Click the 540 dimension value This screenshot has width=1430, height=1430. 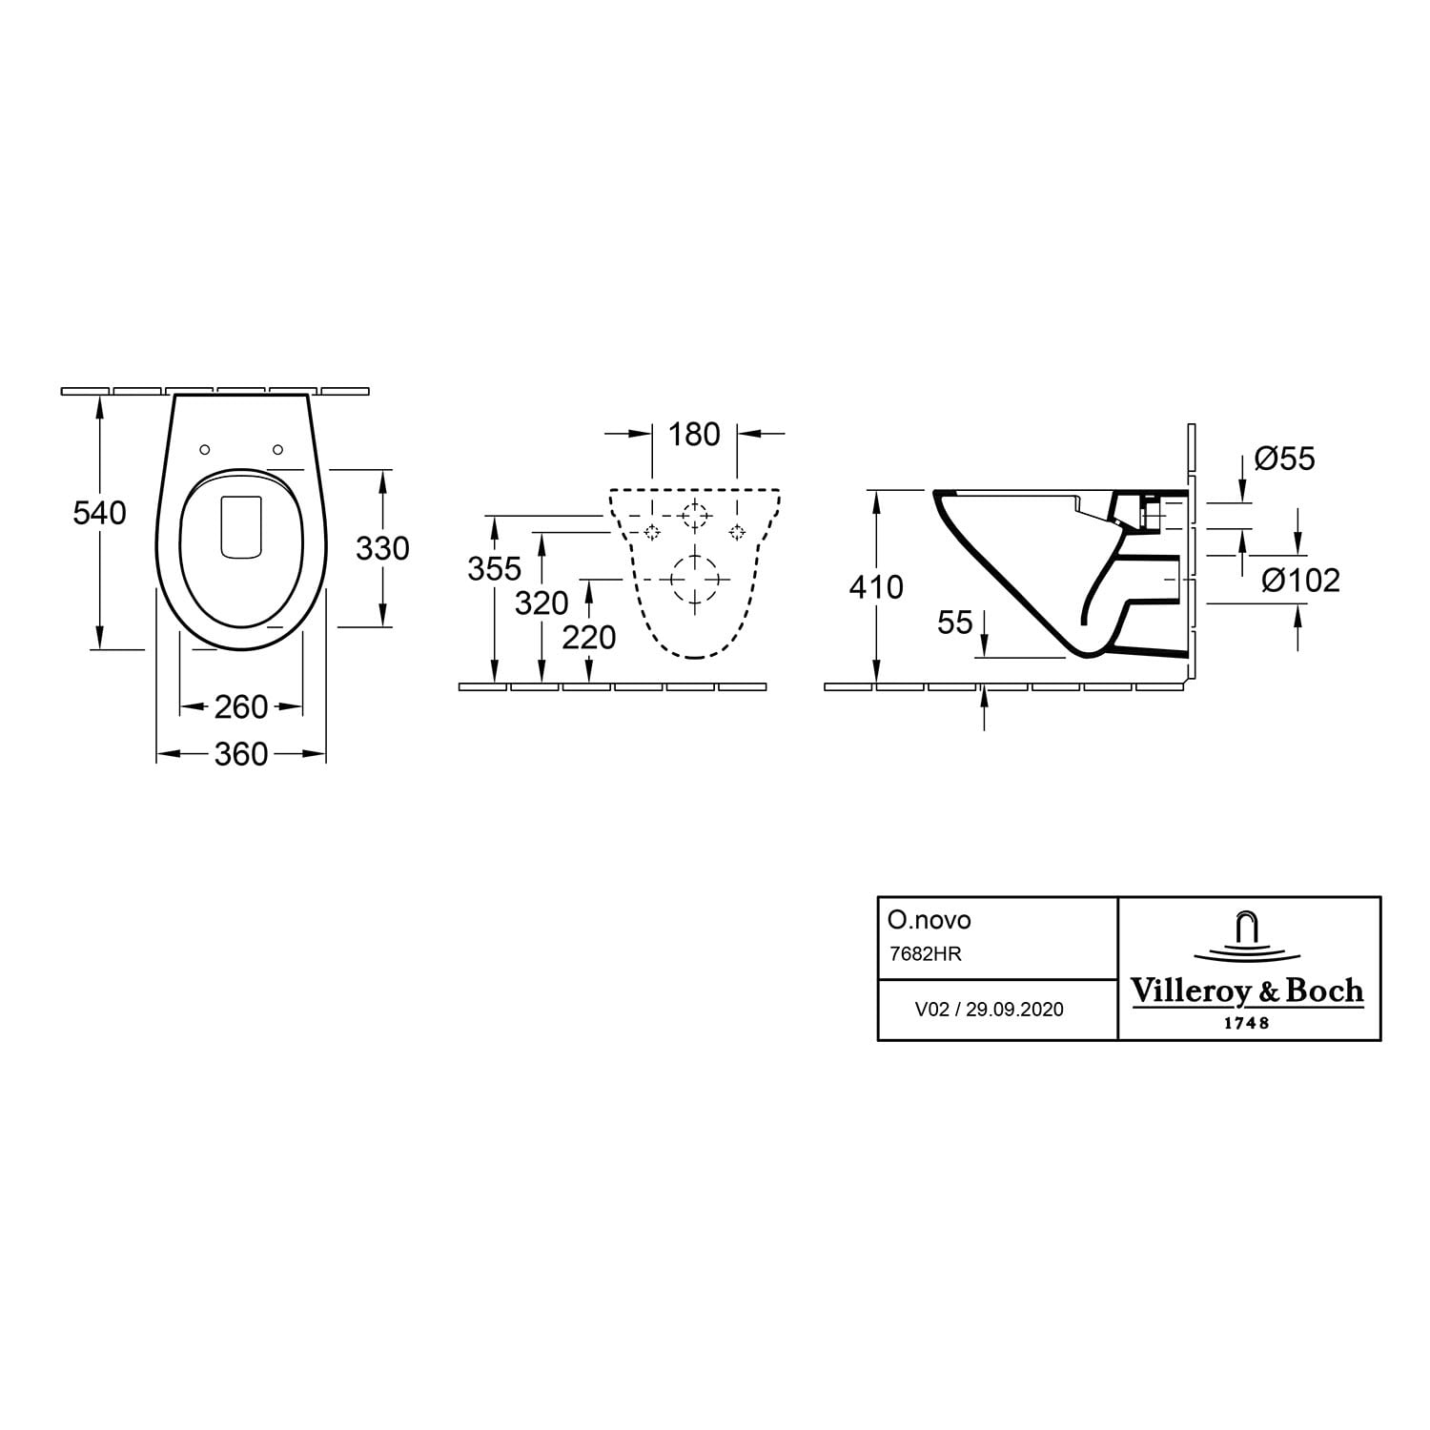point(99,513)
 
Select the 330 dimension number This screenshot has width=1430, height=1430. point(382,548)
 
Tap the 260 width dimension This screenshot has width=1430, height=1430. point(241,707)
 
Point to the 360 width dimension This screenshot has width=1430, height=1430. point(241,755)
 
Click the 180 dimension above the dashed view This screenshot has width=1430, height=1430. point(694,435)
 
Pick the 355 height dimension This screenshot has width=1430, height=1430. point(495,568)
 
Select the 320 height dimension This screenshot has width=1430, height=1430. point(541,603)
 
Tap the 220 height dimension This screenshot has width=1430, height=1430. point(589,637)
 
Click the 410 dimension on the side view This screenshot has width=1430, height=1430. point(876,587)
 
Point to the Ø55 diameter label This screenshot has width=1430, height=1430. point(1285,459)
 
